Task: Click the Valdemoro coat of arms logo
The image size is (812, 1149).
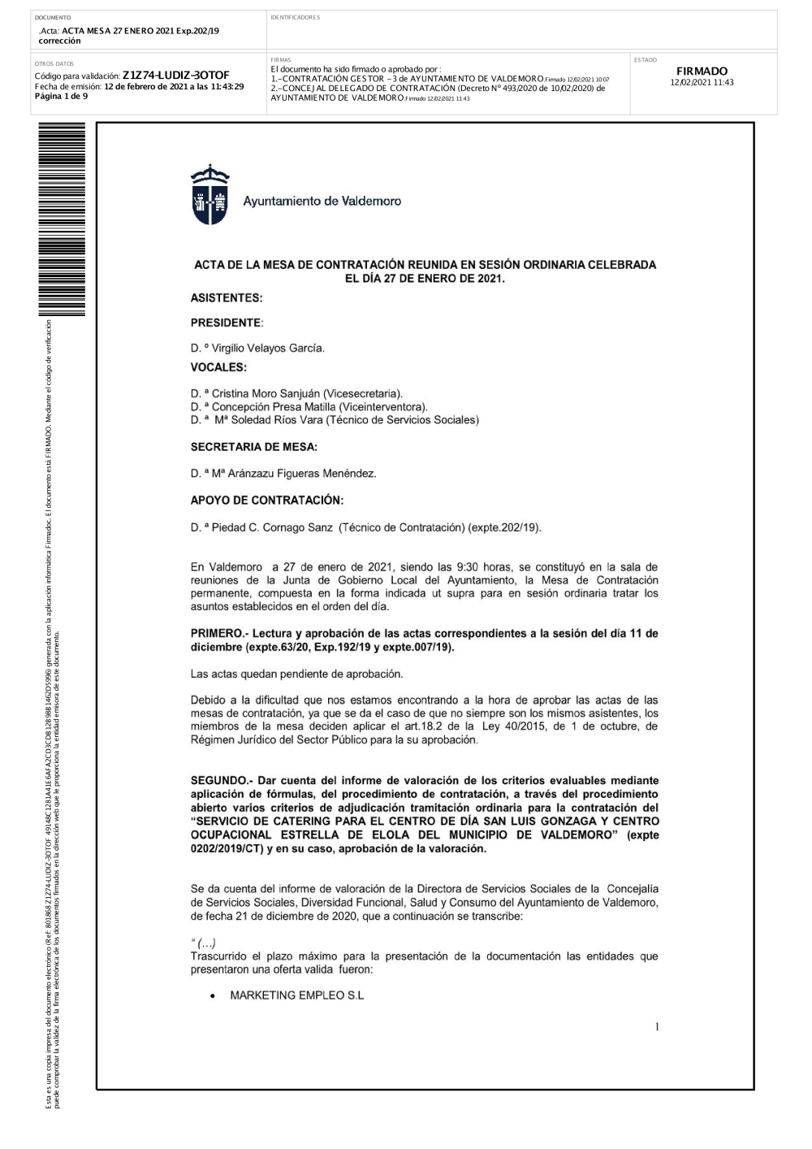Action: pos(210,195)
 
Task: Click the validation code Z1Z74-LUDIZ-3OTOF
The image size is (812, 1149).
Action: pos(175,76)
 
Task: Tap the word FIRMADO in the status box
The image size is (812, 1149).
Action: pos(702,72)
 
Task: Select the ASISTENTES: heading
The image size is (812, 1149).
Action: pos(227,298)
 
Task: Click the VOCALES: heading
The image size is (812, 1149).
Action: pos(218,367)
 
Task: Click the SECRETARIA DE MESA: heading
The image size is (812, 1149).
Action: pos(253,447)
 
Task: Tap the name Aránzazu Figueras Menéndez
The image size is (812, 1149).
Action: pos(296,474)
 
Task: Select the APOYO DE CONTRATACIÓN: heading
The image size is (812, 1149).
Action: pos(266,501)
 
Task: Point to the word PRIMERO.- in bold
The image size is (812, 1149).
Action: pos(221,634)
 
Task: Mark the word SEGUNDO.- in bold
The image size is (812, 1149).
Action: pos(224,781)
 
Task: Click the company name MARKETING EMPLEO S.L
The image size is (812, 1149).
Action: pos(297,995)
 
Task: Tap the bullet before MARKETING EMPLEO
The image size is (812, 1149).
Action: pos(212,996)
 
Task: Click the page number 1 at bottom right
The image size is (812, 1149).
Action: pos(657,1028)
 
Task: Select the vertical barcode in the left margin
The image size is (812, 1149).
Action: pos(61,219)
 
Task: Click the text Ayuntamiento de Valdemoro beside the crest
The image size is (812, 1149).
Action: pos(322,202)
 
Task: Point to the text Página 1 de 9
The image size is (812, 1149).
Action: pos(61,96)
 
